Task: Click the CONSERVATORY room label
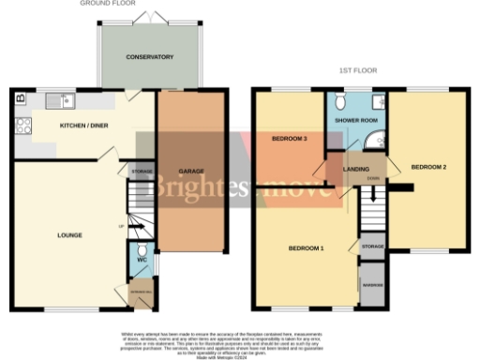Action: click(x=150, y=57)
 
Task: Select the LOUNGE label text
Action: click(x=68, y=234)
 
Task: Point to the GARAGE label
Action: click(x=191, y=172)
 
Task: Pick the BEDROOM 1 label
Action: click(x=306, y=248)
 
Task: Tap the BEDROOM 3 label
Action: click(x=290, y=138)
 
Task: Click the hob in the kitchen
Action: click(x=22, y=125)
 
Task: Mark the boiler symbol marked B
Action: click(x=21, y=96)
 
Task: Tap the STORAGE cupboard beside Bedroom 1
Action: click(x=372, y=247)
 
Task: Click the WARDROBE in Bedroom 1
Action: click(x=372, y=285)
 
